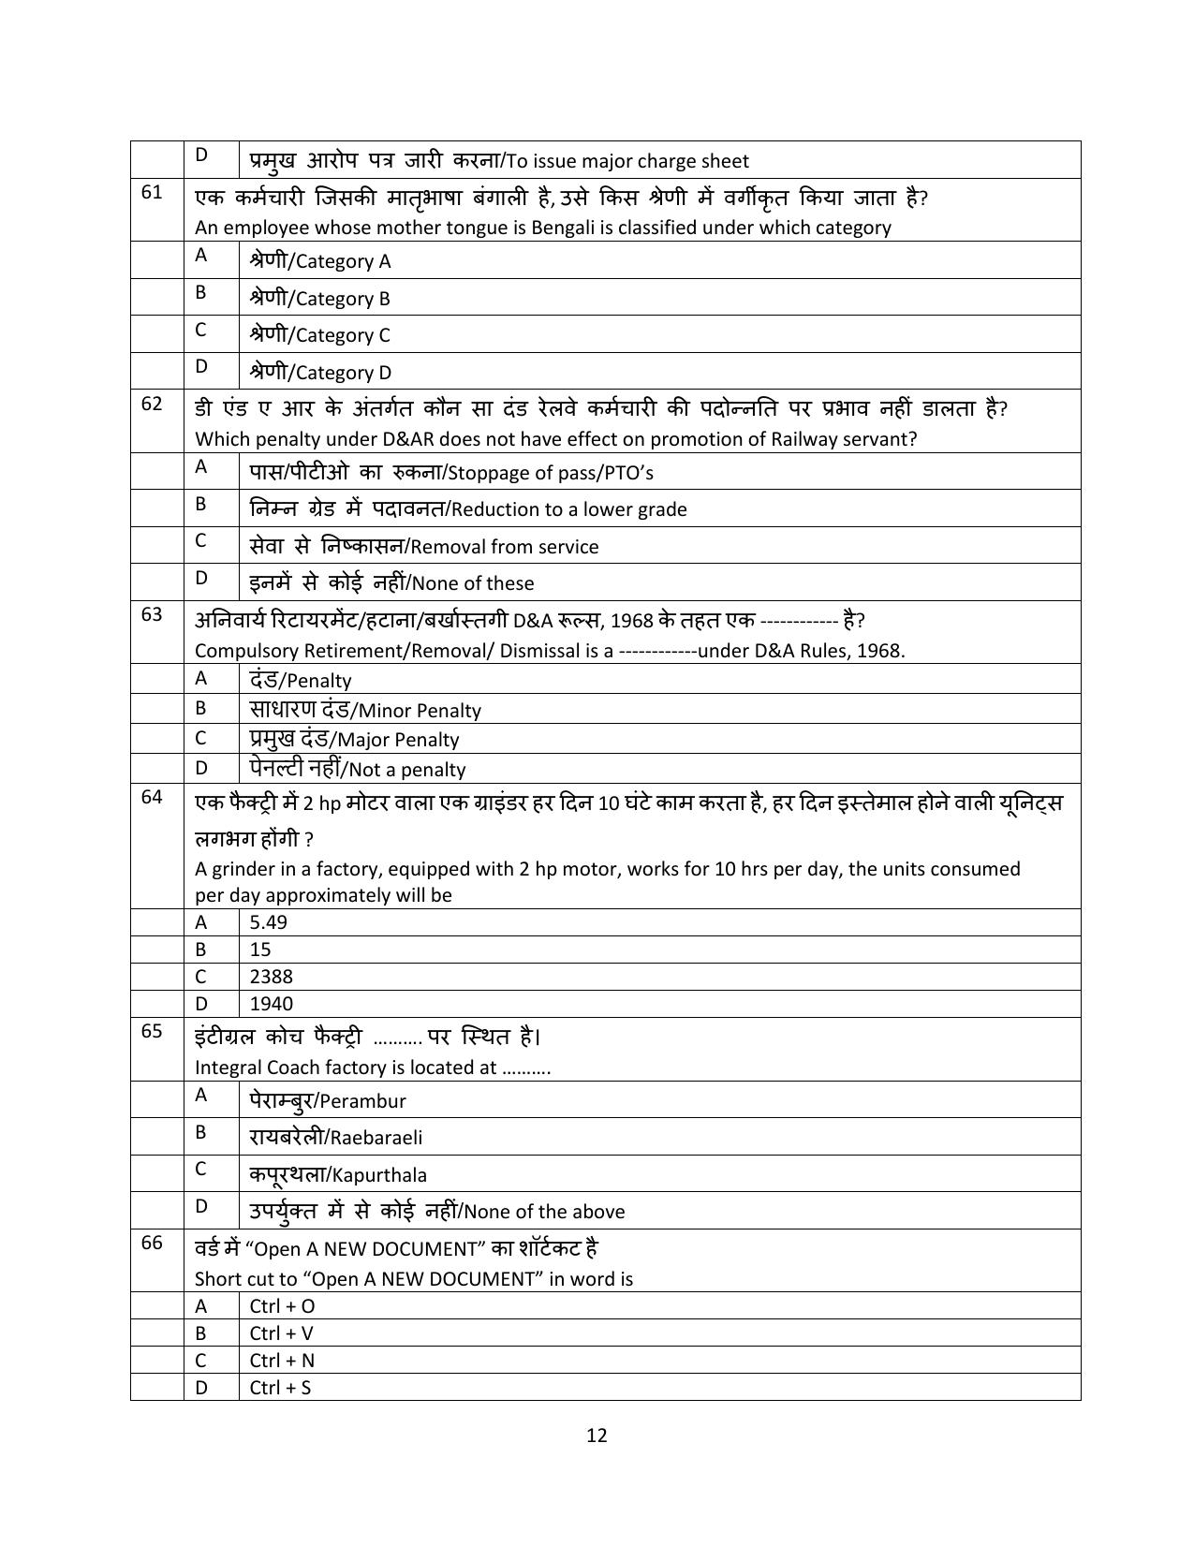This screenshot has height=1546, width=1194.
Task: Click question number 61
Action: click(152, 192)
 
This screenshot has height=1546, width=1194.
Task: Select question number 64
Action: click(152, 797)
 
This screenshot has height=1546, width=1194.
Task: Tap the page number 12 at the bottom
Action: click(597, 1436)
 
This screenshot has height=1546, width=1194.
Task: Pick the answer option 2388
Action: click(271, 977)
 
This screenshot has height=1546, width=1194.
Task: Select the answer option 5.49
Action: click(268, 922)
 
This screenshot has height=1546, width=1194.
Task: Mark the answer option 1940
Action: click(271, 1004)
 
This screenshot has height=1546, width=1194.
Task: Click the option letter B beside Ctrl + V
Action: click(200, 1333)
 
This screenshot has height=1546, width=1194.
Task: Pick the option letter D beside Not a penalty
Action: click(200, 769)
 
